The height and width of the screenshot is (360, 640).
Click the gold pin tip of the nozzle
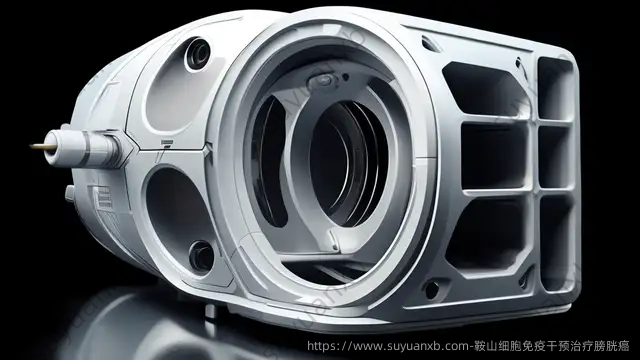tap(37, 146)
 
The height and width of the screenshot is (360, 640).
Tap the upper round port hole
tap(198, 54)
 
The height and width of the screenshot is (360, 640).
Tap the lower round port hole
tap(202, 256)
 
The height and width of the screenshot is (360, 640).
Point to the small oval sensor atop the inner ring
tap(322, 80)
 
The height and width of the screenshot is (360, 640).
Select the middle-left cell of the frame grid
tap(495, 156)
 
